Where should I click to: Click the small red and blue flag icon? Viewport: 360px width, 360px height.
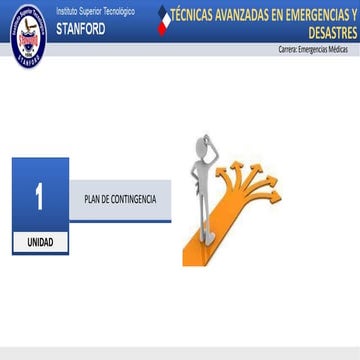166,19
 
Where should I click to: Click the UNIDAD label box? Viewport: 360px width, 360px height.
39,214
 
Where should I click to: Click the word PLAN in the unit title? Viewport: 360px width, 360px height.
92,172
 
